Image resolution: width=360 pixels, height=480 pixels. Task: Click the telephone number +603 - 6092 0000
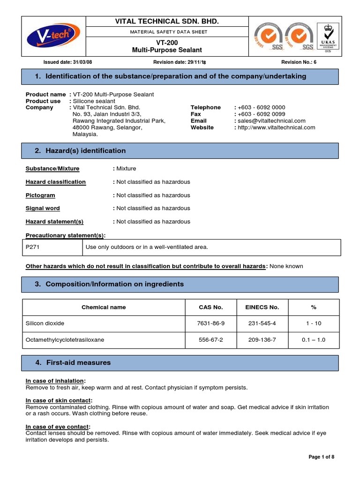(261, 107)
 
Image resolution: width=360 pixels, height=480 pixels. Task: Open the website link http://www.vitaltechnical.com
(276, 127)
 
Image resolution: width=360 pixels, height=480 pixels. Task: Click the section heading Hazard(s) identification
(85, 150)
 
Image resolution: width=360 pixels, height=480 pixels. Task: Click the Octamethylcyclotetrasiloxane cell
(65, 340)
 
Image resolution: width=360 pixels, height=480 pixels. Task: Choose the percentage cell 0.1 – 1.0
(314, 340)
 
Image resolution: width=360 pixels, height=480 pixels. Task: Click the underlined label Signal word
(43, 208)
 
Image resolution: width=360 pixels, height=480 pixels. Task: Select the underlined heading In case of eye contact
(57, 427)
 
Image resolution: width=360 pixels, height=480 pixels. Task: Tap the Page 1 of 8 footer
(321, 457)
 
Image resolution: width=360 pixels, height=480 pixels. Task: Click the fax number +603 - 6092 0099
(261, 114)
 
